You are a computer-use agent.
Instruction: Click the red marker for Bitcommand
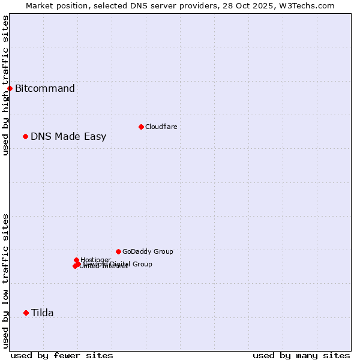(x=10, y=89)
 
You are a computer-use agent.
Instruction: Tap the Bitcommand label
(x=45, y=89)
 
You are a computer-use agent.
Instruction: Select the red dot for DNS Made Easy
(x=25, y=136)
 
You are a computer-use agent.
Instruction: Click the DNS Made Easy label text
(x=68, y=136)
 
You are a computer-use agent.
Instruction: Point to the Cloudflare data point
(x=141, y=127)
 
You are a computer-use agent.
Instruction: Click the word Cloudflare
(x=161, y=127)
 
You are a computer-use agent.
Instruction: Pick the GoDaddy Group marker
(x=118, y=251)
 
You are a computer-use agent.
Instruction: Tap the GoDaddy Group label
(x=148, y=251)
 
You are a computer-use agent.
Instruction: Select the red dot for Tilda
(x=26, y=313)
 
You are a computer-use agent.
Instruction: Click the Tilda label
(x=42, y=313)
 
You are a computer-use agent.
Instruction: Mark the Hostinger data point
(x=77, y=260)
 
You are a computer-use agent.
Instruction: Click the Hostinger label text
(x=95, y=260)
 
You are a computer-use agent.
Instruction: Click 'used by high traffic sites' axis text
(x=5, y=85)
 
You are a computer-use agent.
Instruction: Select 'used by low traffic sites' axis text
(x=5, y=281)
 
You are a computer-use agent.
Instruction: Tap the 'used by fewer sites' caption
(x=62, y=355)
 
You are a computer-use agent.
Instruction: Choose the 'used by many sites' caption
(x=301, y=355)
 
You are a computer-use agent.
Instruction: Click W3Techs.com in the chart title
(x=310, y=5)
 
